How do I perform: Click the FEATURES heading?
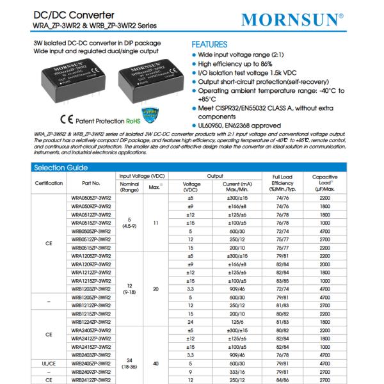tap(209, 45)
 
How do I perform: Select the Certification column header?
tap(49, 183)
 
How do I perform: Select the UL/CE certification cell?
tap(49, 362)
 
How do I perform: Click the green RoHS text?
tap(115, 120)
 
